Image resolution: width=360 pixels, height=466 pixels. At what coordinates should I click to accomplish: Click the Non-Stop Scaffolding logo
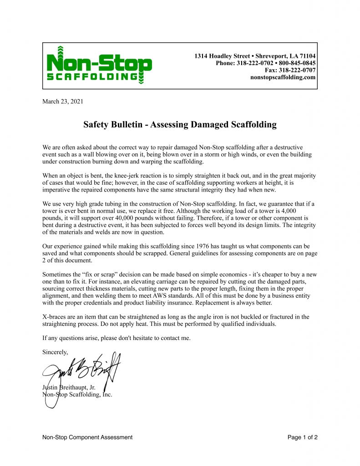[99, 66]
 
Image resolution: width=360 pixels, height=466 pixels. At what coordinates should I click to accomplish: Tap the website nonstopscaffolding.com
[283, 77]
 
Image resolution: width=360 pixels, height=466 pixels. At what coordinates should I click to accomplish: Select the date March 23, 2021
[63, 101]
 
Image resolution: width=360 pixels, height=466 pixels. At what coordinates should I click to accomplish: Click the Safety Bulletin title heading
[180, 125]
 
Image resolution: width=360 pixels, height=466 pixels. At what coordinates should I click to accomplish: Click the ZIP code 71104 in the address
[307, 56]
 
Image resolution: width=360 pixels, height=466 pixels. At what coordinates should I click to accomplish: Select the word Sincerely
[55, 352]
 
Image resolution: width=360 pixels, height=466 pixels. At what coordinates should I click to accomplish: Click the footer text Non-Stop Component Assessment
[87, 437]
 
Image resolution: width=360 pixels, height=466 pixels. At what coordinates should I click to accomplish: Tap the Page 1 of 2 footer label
[302, 437]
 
